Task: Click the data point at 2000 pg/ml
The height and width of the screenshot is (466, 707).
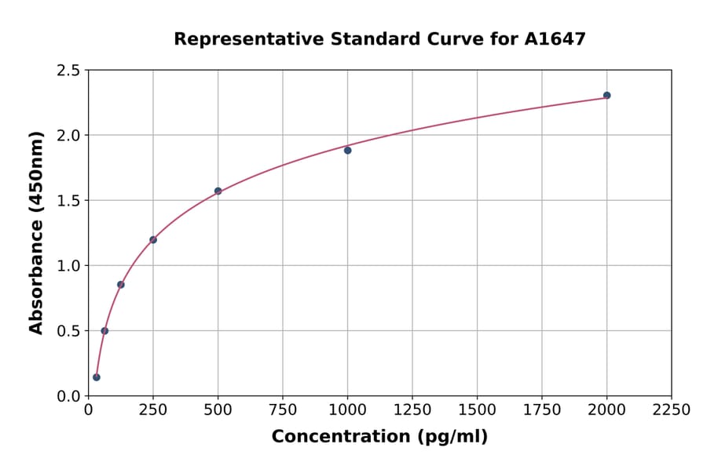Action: (x=606, y=96)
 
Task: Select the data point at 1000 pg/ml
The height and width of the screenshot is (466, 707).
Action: (x=347, y=150)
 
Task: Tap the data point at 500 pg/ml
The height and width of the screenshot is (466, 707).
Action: (x=218, y=191)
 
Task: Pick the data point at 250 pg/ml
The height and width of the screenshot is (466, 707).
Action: (x=153, y=239)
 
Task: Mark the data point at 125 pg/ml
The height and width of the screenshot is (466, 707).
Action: (x=121, y=284)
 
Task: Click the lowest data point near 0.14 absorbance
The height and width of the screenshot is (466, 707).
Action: (x=97, y=377)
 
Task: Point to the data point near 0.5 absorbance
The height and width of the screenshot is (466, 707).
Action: (x=104, y=330)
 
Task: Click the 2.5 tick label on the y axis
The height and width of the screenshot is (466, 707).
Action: (x=68, y=71)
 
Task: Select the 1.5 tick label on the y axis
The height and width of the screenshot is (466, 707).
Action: (x=68, y=201)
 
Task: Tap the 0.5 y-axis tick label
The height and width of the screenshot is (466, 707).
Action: (x=68, y=331)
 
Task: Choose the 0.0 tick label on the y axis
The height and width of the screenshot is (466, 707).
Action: (x=68, y=396)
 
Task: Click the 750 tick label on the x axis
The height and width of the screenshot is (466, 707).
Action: (x=283, y=410)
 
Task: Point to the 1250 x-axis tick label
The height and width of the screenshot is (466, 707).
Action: (x=412, y=410)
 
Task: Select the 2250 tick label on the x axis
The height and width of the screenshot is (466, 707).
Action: (x=672, y=410)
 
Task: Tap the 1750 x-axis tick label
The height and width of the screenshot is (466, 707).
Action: (x=542, y=410)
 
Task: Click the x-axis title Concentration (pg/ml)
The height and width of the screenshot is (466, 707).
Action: (x=379, y=436)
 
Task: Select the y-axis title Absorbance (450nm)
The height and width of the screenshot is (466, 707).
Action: (x=36, y=232)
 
